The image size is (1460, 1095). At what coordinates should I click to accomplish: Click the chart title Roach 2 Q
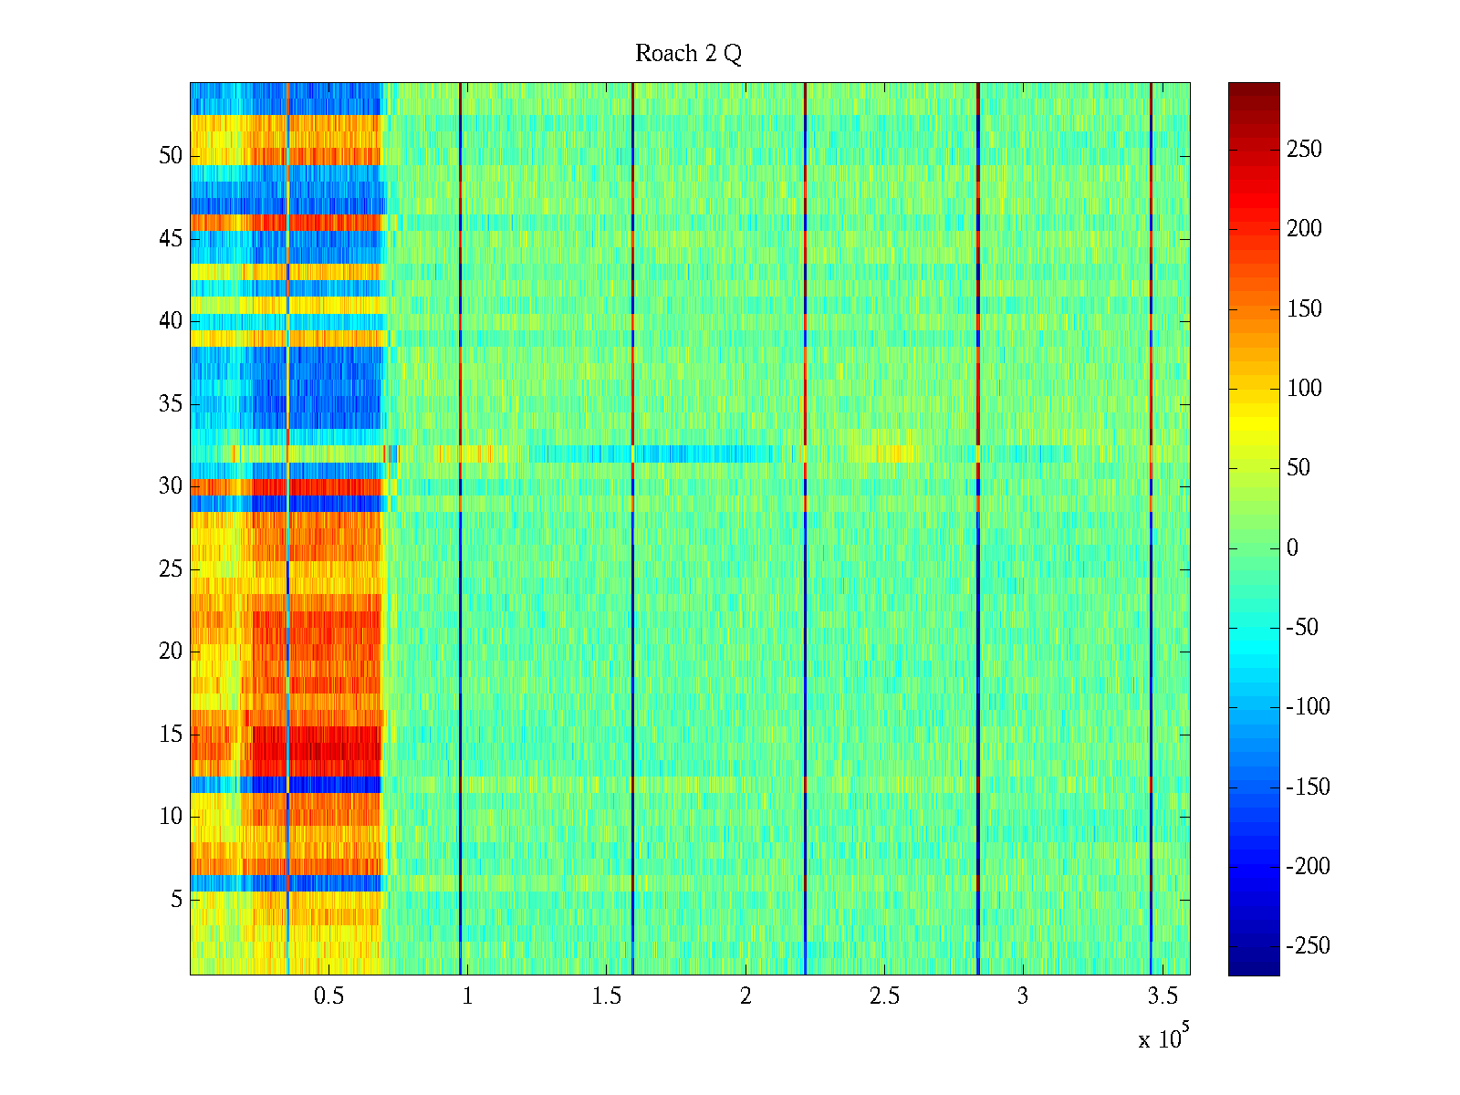coord(688,54)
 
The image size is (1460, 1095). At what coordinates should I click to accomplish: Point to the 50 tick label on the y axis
coord(171,156)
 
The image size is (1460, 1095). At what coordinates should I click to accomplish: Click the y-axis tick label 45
coord(171,239)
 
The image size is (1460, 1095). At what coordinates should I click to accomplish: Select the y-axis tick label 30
coord(171,486)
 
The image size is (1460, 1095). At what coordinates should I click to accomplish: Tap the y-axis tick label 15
coord(171,735)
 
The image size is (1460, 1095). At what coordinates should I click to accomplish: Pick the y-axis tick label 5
coord(176,900)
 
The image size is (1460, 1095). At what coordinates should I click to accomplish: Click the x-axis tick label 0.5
coord(328,996)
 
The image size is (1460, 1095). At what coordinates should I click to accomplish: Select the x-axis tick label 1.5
coord(606,996)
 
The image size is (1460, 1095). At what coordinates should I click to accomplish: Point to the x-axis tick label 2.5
coord(884,996)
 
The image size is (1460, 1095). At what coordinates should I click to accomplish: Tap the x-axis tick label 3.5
coord(1162,996)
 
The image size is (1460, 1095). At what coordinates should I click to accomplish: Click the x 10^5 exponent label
coord(1163,1038)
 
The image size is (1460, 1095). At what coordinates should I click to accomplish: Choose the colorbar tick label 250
coord(1304,150)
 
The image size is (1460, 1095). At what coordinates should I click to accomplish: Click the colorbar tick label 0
coord(1292,548)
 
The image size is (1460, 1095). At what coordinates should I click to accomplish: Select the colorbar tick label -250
coord(1308,946)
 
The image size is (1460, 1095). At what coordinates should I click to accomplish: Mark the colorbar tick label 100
coord(1304,389)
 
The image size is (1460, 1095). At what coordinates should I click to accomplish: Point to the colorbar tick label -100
coord(1308,707)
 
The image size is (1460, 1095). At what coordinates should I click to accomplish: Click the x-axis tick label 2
coord(746,996)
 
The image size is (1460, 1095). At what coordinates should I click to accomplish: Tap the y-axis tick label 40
coord(171,321)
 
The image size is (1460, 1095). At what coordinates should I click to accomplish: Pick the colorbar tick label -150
coord(1308,787)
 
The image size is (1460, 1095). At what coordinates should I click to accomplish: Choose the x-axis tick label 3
coord(1023,996)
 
